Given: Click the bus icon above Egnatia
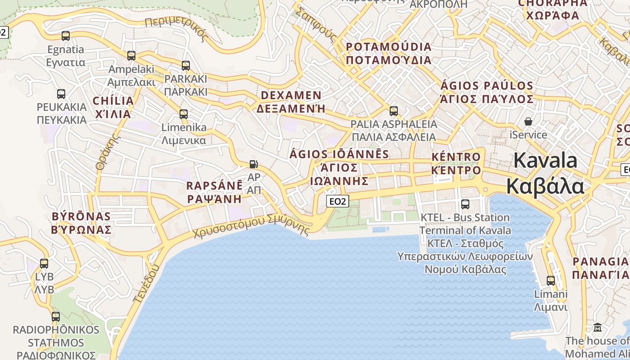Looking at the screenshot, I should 66,36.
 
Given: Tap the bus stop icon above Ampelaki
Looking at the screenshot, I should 131,56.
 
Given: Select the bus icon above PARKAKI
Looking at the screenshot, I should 186,66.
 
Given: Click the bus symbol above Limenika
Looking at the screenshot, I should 184,114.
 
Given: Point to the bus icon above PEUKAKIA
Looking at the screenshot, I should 61,94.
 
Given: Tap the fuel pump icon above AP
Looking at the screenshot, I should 254,165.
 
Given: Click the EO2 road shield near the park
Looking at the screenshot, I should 337,201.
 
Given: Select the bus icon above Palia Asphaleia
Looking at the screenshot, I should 394,111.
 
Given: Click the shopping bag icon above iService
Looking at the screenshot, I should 528,121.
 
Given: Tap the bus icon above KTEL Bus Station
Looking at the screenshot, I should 465,204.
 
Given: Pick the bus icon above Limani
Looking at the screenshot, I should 550,281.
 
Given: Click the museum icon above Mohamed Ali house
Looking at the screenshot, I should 598,327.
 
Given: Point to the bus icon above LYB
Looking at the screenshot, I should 44,264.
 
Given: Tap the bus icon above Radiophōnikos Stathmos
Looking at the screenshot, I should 56,317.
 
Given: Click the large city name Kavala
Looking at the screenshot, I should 545,161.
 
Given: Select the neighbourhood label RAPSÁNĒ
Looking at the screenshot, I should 215,186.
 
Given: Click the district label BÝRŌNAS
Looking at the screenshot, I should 81,216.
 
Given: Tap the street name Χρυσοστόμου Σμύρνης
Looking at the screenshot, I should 252,226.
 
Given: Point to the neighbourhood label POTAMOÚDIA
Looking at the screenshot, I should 388,47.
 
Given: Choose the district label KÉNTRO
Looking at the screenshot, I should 456,157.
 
